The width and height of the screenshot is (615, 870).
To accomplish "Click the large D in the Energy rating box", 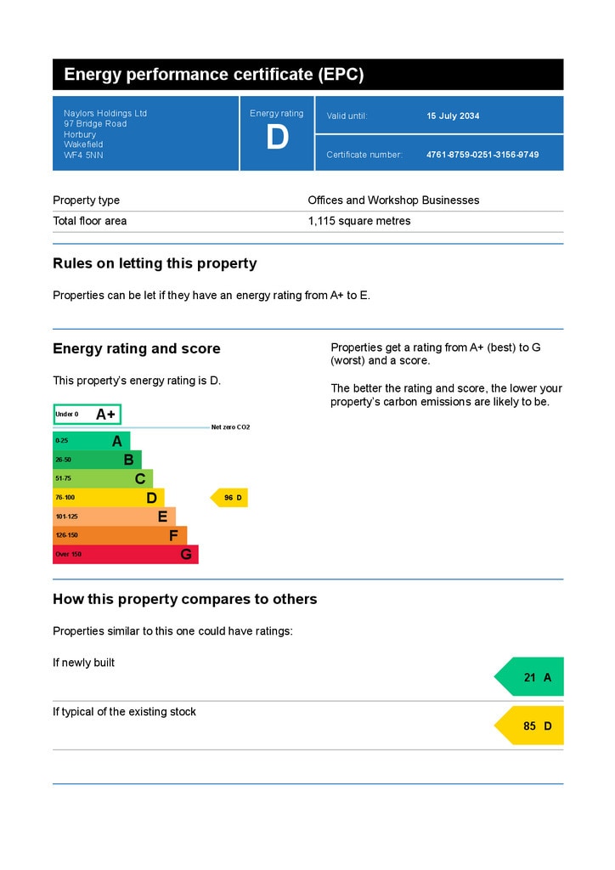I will point(277,138).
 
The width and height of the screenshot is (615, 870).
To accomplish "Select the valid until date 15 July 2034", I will point(453,116).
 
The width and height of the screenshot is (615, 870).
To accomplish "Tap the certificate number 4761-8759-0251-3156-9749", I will point(482,155).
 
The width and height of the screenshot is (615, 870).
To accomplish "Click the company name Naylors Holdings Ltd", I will point(105,113).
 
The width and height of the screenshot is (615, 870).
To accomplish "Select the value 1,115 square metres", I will point(358,221).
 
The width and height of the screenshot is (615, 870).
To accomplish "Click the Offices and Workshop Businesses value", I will point(393,201).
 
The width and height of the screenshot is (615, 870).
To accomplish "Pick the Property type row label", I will point(86,201).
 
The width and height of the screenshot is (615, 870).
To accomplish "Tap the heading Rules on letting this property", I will point(155,263).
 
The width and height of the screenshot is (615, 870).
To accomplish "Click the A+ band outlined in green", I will point(87,415).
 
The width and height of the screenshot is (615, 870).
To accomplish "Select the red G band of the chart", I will point(125,555).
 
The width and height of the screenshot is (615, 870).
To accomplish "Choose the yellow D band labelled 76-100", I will point(108,498).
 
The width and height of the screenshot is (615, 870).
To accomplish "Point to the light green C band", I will point(102,479).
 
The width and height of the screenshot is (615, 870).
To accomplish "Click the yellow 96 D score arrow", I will point(230,498).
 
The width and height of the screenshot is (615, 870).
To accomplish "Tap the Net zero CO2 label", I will point(230,427).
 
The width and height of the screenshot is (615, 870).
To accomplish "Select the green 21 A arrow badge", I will point(531,677).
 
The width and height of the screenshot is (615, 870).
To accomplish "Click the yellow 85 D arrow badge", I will point(531,726).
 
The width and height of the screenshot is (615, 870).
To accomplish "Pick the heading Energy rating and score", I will point(136,348).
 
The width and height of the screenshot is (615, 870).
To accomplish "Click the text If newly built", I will point(83,663).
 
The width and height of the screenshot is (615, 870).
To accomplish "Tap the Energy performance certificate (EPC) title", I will point(213,75).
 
